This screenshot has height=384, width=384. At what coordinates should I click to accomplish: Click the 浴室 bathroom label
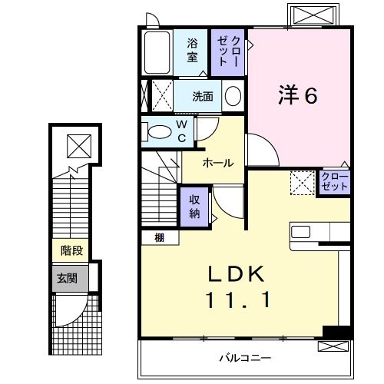point(193,51)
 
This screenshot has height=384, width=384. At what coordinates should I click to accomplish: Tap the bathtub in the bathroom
point(157,52)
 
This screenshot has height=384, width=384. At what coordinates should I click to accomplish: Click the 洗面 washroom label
point(203,97)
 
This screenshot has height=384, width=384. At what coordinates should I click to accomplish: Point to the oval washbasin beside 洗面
point(233,97)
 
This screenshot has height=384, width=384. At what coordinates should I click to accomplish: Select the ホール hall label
point(218,163)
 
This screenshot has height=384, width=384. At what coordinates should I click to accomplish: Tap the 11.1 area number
point(237,302)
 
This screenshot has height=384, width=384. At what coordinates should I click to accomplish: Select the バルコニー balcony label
point(244,358)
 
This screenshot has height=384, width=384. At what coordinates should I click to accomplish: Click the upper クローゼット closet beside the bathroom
point(230,51)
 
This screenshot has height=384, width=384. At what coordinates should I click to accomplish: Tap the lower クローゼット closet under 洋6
point(335,183)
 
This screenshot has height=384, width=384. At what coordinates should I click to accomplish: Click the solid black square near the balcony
point(335,331)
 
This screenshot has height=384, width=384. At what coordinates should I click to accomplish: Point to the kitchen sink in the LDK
point(300,230)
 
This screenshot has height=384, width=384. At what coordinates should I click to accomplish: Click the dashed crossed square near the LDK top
point(302,183)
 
